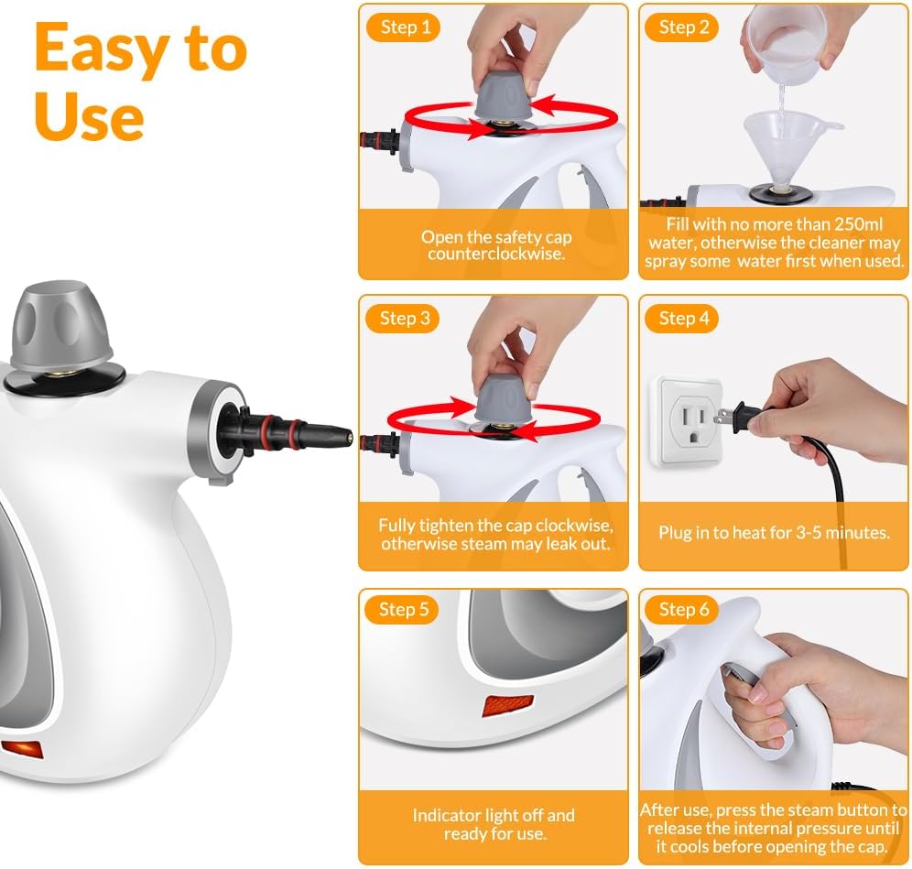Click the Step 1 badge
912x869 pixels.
(404, 27)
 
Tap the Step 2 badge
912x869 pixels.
(683, 27)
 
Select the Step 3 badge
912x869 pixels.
(404, 319)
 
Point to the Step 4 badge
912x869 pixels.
(683, 319)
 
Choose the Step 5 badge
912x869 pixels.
(404, 610)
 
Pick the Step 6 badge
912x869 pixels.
(683, 610)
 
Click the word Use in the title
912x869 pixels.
(89, 116)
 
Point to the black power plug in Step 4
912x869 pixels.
(747, 417)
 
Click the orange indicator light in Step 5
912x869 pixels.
(506, 707)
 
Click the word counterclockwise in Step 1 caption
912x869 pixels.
(495, 254)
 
